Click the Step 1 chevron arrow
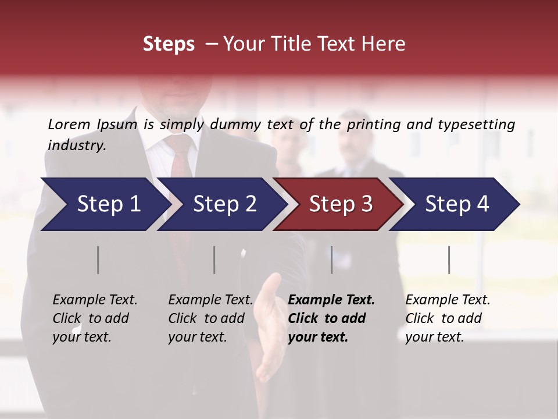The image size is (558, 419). click(105, 204)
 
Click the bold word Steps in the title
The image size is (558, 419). click(169, 44)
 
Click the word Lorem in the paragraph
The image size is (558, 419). click(69, 124)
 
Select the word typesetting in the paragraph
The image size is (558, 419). click(476, 125)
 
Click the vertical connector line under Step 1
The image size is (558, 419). click(98, 260)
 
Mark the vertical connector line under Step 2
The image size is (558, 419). click(214, 260)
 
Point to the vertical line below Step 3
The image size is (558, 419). click(331, 260)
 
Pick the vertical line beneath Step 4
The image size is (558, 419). click(449, 260)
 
